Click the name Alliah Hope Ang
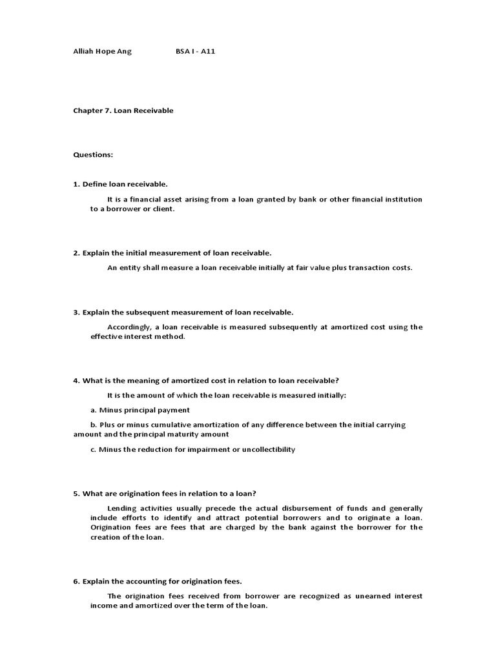coord(102,51)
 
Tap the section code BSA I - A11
coord(195,51)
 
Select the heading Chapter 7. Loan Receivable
coord(123,110)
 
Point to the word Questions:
coord(93,155)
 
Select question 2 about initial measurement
coord(172,252)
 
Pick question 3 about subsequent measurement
coord(183,312)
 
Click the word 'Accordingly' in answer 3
coord(130,327)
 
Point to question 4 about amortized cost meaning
coord(205,380)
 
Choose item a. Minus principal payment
coord(140,410)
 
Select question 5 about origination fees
coord(165,493)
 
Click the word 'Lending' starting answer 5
coord(121,508)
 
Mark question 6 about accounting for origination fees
coord(157,581)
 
